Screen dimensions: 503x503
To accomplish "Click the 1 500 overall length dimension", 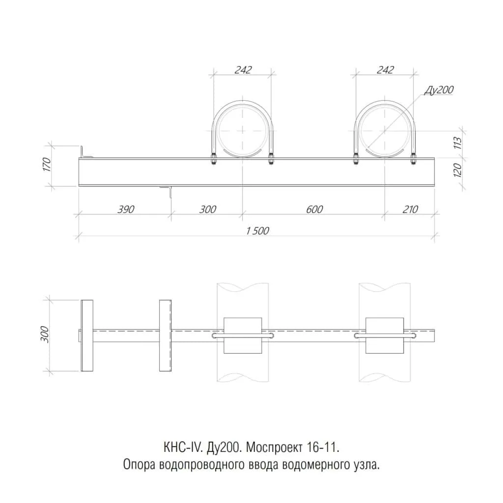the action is click(x=257, y=231).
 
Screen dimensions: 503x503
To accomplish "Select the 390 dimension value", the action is click(x=126, y=209).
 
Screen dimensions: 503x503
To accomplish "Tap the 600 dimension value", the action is click(x=314, y=209).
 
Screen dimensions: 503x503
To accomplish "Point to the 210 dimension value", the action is click(x=410, y=209).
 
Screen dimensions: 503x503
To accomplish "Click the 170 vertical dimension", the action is click(x=47, y=164).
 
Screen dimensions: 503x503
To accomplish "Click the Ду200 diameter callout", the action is click(x=439, y=90).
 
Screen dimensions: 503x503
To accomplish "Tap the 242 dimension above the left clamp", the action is click(x=243, y=70).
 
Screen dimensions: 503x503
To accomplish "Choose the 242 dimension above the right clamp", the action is click(x=385, y=70).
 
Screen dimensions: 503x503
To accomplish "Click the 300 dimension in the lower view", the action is click(x=45, y=334).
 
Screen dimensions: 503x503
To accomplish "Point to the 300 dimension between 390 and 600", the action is click(x=208, y=209).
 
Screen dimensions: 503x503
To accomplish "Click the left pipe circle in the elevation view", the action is click(x=243, y=131).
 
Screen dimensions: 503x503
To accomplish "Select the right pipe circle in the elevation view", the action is click(x=385, y=131).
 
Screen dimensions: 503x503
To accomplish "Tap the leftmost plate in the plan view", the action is click(x=87, y=335).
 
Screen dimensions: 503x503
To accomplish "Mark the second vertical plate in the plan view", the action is click(x=165, y=335).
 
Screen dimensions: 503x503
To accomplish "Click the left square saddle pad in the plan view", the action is click(x=243, y=335).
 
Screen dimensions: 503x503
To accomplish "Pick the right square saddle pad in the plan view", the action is click(x=385, y=335).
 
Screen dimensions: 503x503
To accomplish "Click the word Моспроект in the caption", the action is click(x=274, y=447).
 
